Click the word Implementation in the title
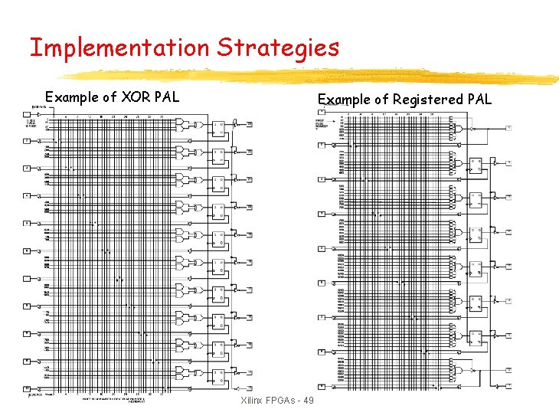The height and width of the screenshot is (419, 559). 119,48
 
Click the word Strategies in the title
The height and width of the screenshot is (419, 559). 277,48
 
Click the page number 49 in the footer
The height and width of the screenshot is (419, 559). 309,401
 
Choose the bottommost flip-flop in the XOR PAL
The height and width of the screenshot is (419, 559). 219,378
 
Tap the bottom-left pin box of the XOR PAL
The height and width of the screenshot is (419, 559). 26,388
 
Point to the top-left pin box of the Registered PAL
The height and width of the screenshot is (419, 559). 322,112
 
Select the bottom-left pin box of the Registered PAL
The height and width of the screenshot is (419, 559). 322,386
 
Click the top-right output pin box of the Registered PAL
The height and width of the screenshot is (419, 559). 508,128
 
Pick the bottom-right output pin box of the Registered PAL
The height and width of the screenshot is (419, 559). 508,385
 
